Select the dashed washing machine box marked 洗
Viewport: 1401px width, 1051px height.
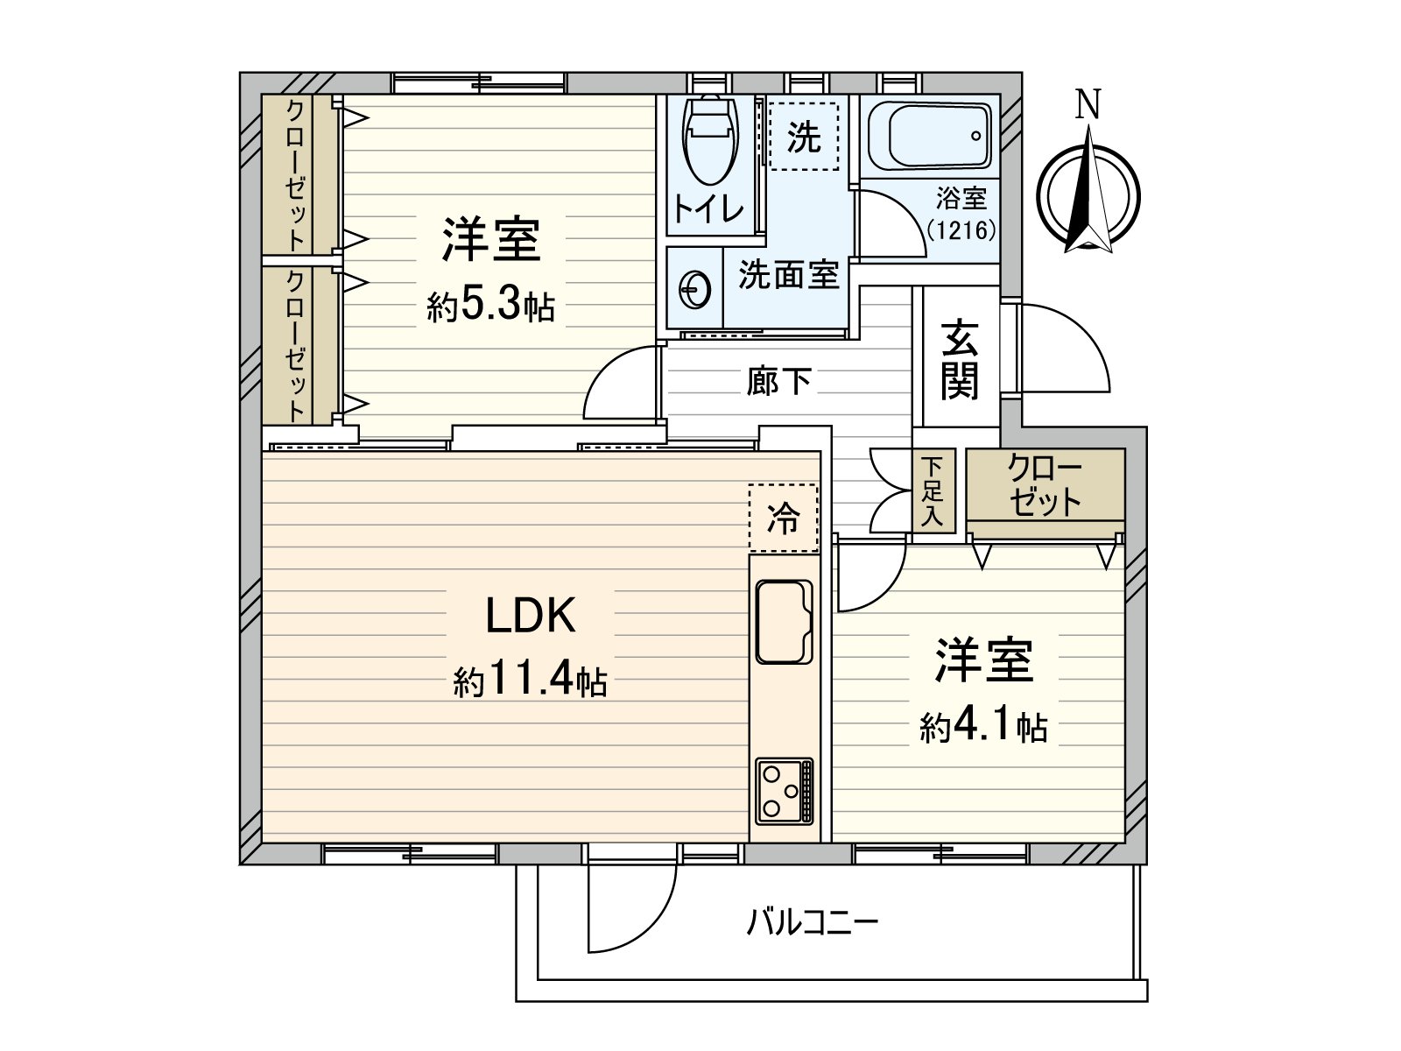[803, 136]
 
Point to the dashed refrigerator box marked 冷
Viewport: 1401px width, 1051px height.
[783, 518]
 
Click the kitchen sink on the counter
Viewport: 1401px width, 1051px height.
[784, 621]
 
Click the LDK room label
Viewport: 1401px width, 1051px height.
[531, 615]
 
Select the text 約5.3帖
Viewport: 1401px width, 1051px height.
[490, 306]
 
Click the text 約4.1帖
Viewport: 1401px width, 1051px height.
[983, 726]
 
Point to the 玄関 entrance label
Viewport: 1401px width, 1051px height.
[959, 359]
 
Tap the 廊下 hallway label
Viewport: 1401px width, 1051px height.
[778, 381]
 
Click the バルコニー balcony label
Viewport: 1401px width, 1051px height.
[812, 922]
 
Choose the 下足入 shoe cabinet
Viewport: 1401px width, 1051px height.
[933, 491]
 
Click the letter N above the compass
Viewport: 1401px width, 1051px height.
[1088, 105]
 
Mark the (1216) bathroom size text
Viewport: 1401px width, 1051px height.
[961, 230]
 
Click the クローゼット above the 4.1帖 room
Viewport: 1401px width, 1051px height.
[1045, 484]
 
